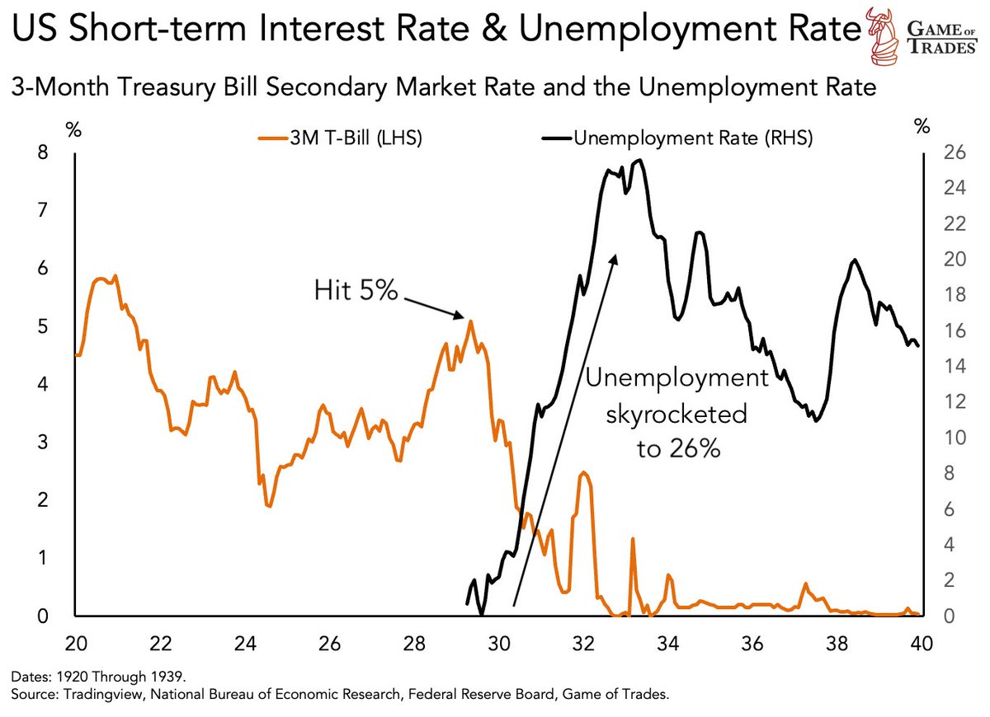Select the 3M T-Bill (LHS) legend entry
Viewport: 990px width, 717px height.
click(341, 138)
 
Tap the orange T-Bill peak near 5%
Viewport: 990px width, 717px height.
click(470, 321)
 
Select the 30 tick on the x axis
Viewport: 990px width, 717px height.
click(498, 644)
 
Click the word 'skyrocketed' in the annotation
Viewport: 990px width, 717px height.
click(676, 415)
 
